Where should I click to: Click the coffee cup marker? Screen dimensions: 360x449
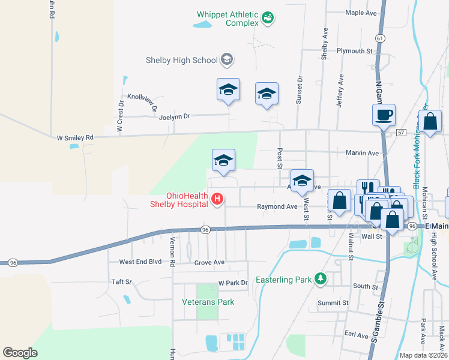(x=383, y=114)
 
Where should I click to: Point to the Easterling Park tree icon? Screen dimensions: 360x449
(x=321, y=279)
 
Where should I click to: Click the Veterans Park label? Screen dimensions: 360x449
(x=208, y=302)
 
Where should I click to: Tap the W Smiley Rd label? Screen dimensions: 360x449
(x=76, y=137)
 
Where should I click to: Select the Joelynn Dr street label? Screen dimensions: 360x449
(x=174, y=116)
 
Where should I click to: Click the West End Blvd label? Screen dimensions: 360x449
(x=140, y=262)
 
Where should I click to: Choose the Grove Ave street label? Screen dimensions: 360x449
(x=209, y=262)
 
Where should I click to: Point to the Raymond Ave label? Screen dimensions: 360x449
(x=277, y=206)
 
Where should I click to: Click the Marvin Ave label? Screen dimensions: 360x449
(x=362, y=153)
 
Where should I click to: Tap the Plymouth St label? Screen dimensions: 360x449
(x=354, y=51)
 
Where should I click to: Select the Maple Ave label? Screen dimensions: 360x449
(x=361, y=13)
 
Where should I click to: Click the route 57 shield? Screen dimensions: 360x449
(x=401, y=131)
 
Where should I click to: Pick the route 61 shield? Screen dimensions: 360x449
(x=379, y=38)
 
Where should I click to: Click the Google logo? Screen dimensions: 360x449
(x=20, y=352)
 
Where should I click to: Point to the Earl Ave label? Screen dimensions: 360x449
(x=356, y=334)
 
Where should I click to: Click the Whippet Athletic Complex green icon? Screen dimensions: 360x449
(x=268, y=19)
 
